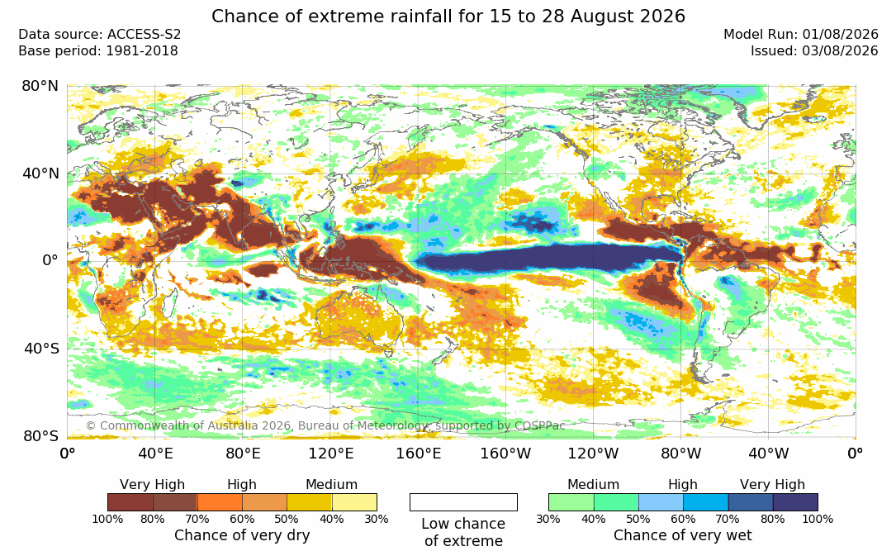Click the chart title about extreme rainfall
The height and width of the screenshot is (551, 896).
click(448, 16)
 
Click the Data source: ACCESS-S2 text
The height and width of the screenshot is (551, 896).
click(99, 35)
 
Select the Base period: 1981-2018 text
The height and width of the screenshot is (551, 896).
click(98, 51)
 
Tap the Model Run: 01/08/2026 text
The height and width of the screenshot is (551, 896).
click(800, 35)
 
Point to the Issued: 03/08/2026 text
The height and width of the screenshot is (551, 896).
click(814, 51)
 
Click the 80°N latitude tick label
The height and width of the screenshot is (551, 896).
click(40, 86)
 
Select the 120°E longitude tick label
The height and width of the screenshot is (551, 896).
click(331, 454)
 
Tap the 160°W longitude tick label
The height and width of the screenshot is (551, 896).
click(505, 454)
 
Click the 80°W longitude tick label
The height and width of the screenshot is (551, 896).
click(680, 454)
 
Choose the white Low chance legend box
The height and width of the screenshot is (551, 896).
click(463, 502)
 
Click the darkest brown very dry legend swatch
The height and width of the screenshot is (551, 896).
click(130, 502)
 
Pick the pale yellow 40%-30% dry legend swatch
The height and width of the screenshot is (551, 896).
click(354, 502)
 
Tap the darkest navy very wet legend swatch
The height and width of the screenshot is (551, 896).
click(795, 502)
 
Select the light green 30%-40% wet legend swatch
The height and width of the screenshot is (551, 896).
click(571, 502)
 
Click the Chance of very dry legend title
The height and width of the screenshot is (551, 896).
click(242, 535)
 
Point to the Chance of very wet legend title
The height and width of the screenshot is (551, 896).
click(683, 535)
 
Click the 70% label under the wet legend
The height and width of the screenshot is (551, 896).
click(728, 520)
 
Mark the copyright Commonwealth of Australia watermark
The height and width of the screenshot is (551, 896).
click(325, 425)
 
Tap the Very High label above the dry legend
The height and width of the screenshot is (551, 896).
click(153, 485)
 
